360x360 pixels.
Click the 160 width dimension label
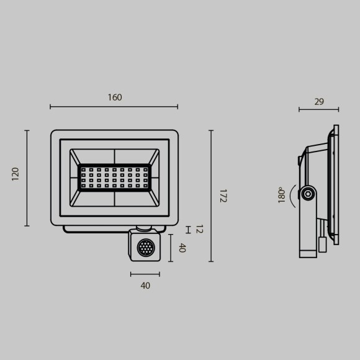coord(115,97)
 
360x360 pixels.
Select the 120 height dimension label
coord(16,174)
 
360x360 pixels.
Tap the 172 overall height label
coord(222,196)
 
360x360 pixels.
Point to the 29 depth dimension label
coord(319,102)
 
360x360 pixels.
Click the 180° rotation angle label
coord(282,195)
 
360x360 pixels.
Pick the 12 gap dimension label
coord(199,229)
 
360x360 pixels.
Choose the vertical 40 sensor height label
coord(182,248)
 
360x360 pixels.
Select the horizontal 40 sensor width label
coord(145,286)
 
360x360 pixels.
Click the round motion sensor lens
coord(145,248)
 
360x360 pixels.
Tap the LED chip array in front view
coord(115,178)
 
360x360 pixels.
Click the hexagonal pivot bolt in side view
coord(307,194)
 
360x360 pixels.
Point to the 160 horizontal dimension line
coord(114,107)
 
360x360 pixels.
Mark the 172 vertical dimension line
coord(210,196)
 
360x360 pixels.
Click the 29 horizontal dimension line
coord(318,110)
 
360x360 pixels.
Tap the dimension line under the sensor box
coord(145,274)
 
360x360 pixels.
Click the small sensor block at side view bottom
coord(322,244)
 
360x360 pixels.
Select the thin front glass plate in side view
coord(336,184)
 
